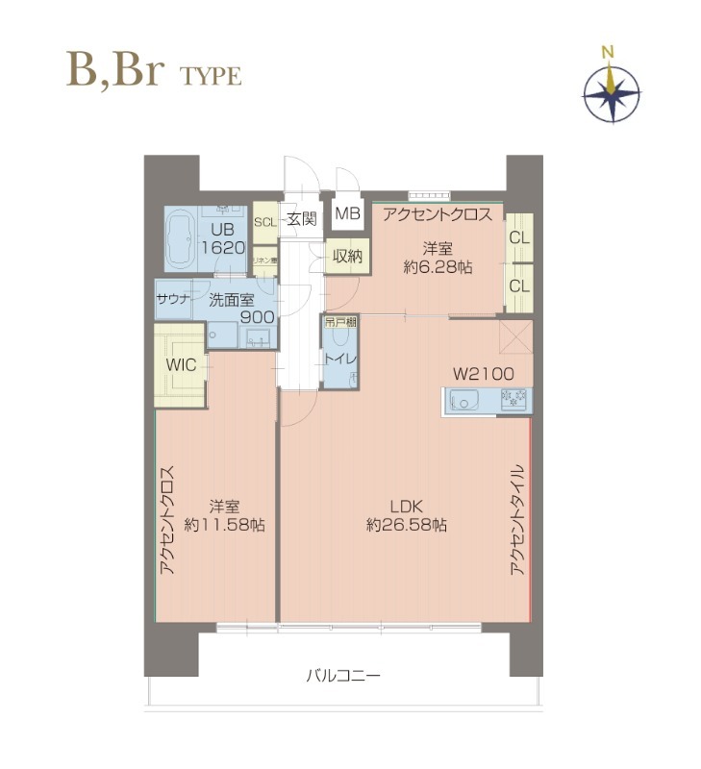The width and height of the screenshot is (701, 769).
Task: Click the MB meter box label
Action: pyautogui.click(x=348, y=214)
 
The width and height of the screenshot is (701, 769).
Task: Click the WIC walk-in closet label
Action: pyautogui.click(x=181, y=365)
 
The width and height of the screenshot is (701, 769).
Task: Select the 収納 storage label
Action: pyautogui.click(x=347, y=257)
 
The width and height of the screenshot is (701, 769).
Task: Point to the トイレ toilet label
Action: pyautogui.click(x=341, y=360)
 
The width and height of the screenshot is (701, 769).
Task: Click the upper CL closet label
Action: pyautogui.click(x=519, y=237)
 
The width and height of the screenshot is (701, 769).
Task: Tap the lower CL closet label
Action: pyautogui.click(x=519, y=285)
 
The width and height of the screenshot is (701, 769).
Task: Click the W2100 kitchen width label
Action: pyautogui.click(x=484, y=373)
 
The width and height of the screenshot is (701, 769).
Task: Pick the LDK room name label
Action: pyautogui.click(x=406, y=507)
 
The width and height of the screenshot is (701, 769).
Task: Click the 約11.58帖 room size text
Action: pyautogui.click(x=225, y=525)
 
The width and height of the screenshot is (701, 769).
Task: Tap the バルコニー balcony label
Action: pyautogui.click(x=343, y=676)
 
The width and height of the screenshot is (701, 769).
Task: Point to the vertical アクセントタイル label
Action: pyautogui.click(x=517, y=519)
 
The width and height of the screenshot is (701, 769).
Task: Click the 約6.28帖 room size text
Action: pyautogui.click(x=437, y=268)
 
